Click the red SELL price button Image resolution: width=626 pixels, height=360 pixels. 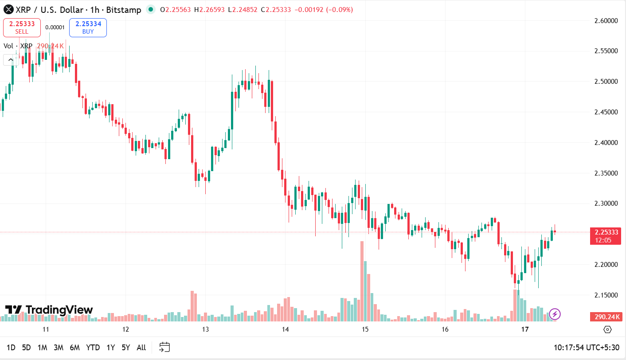[x=22, y=27]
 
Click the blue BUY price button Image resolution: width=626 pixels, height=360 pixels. [x=88, y=27]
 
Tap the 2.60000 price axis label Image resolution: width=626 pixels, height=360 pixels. [x=606, y=20]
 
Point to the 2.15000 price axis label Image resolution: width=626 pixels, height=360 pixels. [x=606, y=295]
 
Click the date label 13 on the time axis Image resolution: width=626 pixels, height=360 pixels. [x=205, y=329]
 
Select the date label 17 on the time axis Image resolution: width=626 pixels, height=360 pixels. [x=525, y=329]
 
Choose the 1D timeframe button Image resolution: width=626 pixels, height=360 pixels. [x=11, y=348]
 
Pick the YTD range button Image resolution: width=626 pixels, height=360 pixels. [x=93, y=348]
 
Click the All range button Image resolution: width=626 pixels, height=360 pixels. [x=141, y=348]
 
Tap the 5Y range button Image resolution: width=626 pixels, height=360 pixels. [x=126, y=348]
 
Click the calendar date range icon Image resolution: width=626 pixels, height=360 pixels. [x=164, y=347]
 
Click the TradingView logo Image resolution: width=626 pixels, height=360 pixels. [x=49, y=310]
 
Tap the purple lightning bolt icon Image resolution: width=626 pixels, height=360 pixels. [x=555, y=314]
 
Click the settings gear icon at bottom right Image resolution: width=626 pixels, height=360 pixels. [x=607, y=329]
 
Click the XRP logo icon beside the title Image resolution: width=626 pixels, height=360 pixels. [x=8, y=9]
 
